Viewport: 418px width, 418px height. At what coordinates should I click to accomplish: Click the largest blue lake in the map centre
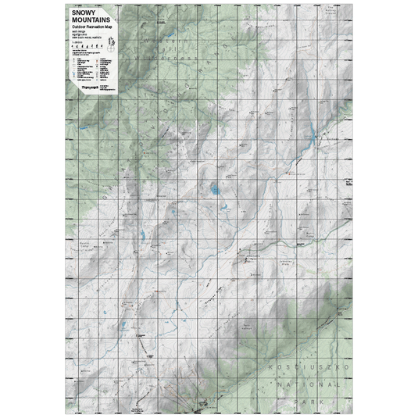click(213, 188)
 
